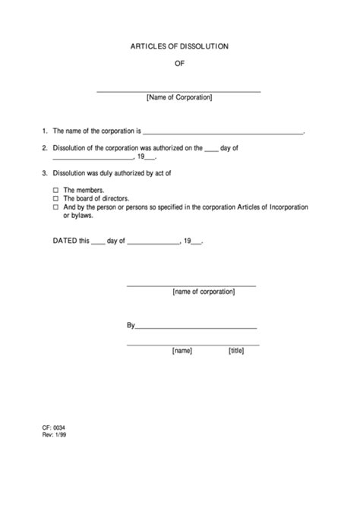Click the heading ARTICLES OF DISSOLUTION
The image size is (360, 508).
(x=179, y=47)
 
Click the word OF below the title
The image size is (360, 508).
(x=179, y=65)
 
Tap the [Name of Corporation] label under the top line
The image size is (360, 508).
(x=179, y=98)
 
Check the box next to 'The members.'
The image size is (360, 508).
(x=55, y=190)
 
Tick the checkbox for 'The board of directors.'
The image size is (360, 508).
(x=55, y=198)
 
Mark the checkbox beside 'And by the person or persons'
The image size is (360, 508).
(x=55, y=207)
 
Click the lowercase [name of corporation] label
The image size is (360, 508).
(x=204, y=291)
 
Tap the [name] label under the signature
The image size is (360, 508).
(x=182, y=351)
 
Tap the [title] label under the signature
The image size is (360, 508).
(x=236, y=351)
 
